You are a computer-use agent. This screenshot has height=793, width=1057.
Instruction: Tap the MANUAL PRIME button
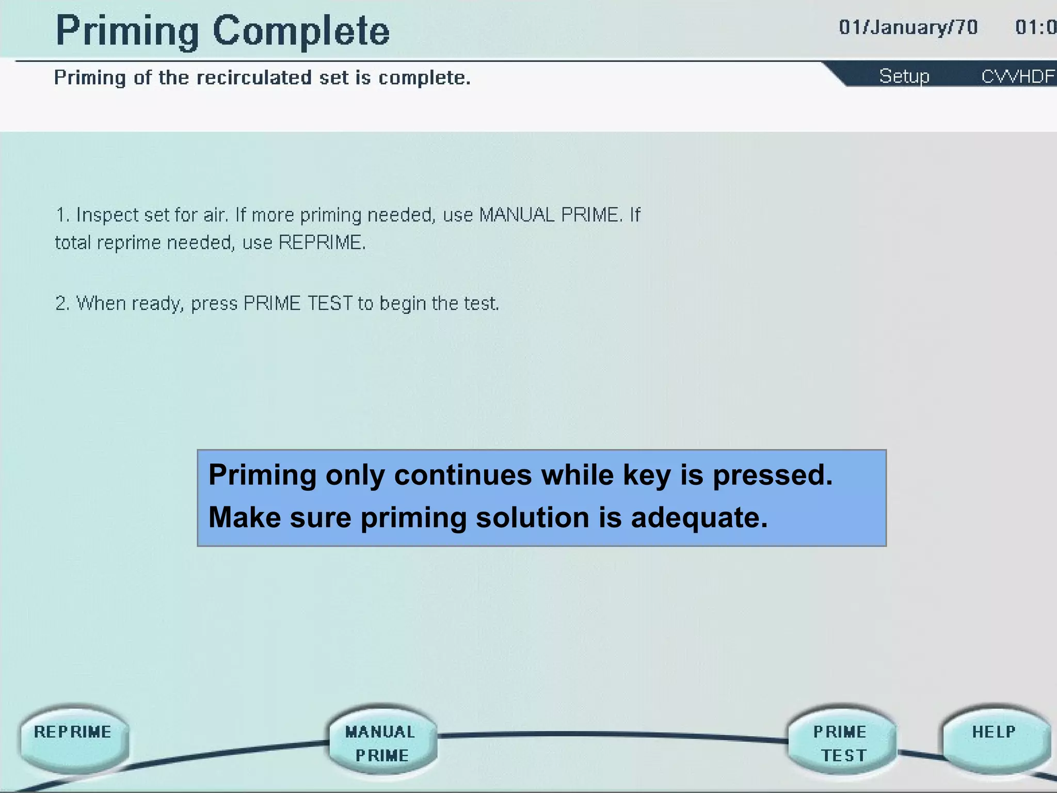pyautogui.click(x=382, y=742)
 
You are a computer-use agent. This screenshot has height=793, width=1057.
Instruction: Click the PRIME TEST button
pyautogui.click(x=841, y=742)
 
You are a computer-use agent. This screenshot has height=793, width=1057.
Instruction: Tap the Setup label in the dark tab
pyautogui.click(x=904, y=76)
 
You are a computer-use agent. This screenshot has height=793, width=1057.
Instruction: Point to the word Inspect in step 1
pyautogui.click(x=107, y=215)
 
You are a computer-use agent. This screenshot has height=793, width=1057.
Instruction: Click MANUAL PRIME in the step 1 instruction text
pyautogui.click(x=550, y=215)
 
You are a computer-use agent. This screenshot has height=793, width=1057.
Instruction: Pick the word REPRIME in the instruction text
pyautogui.click(x=321, y=242)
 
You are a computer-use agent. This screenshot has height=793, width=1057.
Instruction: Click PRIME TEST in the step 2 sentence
pyautogui.click(x=298, y=303)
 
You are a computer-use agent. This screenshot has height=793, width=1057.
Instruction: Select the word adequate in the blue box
pyautogui.click(x=699, y=518)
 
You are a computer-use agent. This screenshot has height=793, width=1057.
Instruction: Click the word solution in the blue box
pyautogui.click(x=532, y=518)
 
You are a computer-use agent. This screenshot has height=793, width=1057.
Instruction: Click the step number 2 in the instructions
pyautogui.click(x=61, y=303)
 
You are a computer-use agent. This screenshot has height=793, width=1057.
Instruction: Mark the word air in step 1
pyautogui.click(x=215, y=215)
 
